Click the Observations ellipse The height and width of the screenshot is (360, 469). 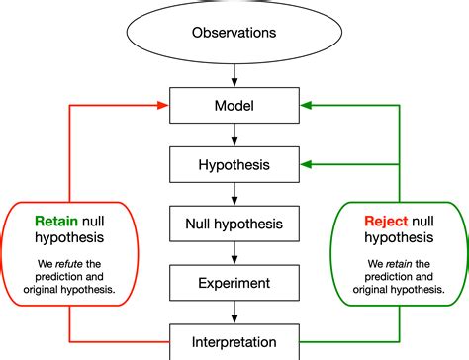(234, 32)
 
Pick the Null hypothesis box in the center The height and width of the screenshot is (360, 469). (234, 224)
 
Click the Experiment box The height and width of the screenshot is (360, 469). (234, 282)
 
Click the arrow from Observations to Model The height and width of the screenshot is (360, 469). (234, 74)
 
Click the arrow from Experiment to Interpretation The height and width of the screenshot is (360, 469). (234, 312)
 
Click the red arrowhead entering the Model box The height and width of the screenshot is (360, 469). (163, 103)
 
